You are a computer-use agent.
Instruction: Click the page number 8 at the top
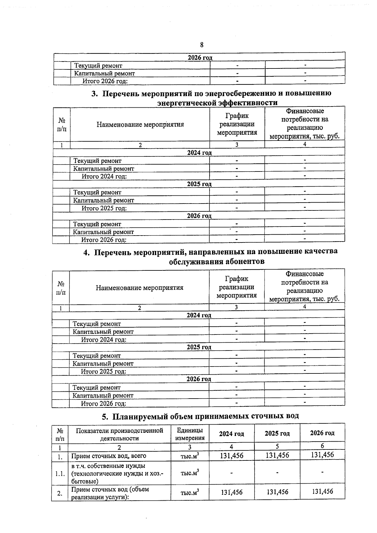click(x=202, y=45)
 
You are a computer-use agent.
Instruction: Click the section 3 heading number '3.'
click(x=95, y=94)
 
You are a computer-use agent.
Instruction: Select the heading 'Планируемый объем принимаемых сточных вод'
click(x=205, y=416)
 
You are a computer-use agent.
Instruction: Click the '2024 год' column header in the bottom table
click(x=232, y=433)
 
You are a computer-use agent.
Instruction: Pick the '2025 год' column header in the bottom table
click(x=277, y=433)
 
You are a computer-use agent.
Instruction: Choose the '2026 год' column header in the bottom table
click(x=322, y=433)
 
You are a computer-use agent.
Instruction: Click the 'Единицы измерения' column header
click(x=190, y=434)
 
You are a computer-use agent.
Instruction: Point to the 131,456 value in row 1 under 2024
click(x=232, y=455)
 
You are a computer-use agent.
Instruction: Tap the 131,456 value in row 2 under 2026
click(x=322, y=491)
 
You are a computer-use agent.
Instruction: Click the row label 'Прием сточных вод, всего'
click(x=109, y=456)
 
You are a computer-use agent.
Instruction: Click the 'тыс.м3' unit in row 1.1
click(x=190, y=473)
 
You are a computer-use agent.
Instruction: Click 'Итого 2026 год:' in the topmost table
click(x=105, y=81)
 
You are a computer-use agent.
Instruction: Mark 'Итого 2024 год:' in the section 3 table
click(x=104, y=176)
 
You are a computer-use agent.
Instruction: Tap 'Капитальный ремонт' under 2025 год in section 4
click(x=103, y=364)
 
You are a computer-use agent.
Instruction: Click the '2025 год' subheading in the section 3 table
click(x=199, y=184)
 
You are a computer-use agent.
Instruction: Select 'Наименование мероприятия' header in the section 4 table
click(x=139, y=288)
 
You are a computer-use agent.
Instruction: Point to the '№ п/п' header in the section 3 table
click(x=62, y=125)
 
